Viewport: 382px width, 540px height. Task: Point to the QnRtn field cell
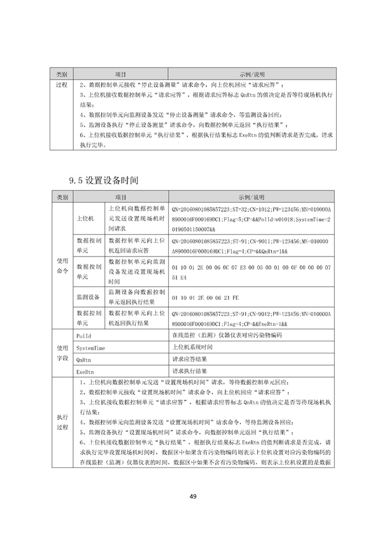(x=83, y=360)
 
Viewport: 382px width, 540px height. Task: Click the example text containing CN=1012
(x=252, y=218)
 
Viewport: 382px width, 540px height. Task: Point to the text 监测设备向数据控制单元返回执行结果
(x=138, y=296)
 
